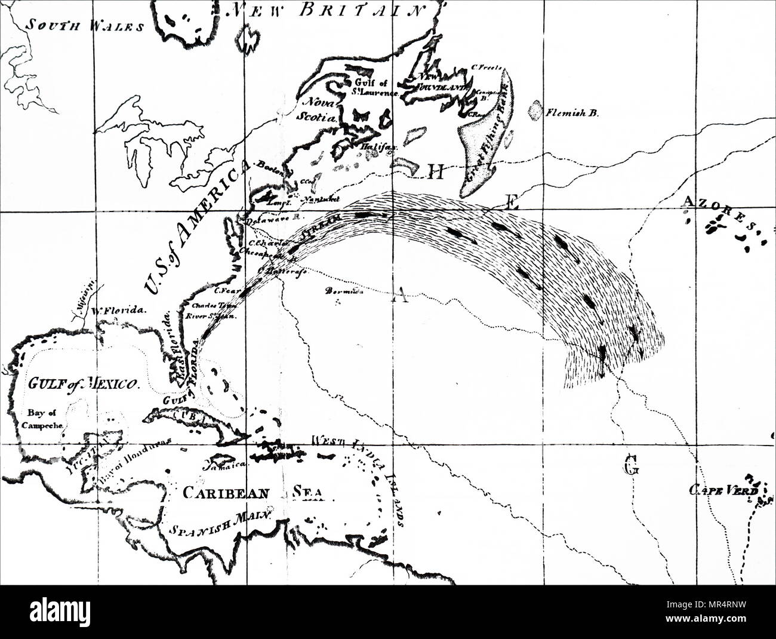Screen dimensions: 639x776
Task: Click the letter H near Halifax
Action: (x=435, y=173)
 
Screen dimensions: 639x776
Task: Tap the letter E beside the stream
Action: (x=510, y=203)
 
